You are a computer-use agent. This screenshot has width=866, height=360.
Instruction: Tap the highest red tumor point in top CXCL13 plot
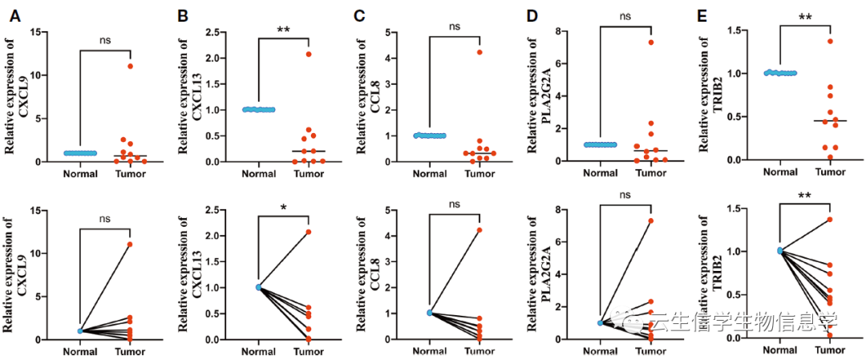[308, 55]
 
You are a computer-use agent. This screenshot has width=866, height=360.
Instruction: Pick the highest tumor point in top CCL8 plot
[479, 52]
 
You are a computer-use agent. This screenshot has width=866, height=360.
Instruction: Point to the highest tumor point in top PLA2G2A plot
[652, 42]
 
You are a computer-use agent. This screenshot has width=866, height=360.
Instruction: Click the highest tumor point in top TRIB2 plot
[829, 41]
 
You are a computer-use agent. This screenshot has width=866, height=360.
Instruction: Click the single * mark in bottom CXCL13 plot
[283, 210]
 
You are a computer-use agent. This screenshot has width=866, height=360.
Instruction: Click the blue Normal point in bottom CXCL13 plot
[259, 287]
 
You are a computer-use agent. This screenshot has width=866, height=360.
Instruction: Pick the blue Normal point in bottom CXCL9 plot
[79, 330]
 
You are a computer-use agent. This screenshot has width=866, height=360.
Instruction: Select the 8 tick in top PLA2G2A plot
[549, 32]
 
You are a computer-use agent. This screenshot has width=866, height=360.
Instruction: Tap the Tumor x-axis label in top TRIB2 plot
[829, 173]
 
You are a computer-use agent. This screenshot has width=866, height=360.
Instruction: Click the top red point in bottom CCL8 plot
[479, 231]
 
